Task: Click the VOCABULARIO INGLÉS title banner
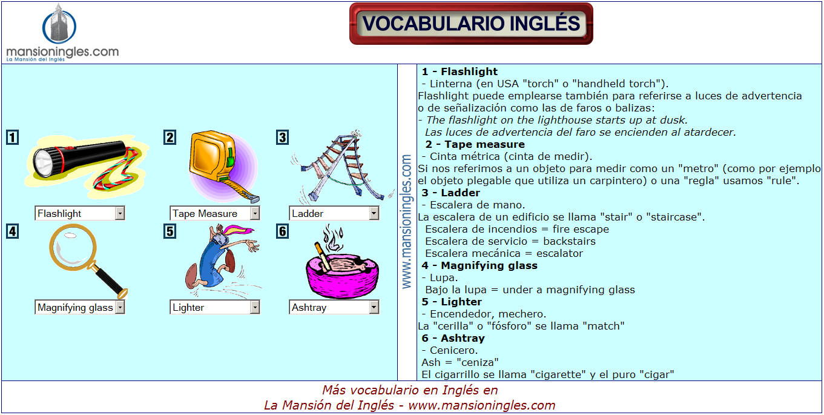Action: coord(471,24)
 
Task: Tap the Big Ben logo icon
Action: coord(59,24)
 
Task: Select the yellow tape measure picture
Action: coord(223,167)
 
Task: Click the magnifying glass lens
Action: coord(73,247)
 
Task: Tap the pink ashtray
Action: coord(342,276)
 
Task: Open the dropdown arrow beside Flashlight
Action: coord(120,213)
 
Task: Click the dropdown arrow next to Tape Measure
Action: coord(255,213)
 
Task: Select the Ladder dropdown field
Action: coord(334,213)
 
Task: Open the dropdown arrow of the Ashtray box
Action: coord(374,307)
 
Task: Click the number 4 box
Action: coord(13,231)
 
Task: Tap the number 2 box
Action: coord(170,138)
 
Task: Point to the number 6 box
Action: coord(282,231)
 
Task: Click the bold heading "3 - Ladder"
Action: coord(450,193)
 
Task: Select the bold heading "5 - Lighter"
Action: coord(452,302)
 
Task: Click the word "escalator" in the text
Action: coord(559,253)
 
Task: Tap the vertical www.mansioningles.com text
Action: coord(406,222)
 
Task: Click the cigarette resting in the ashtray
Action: coord(322,256)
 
